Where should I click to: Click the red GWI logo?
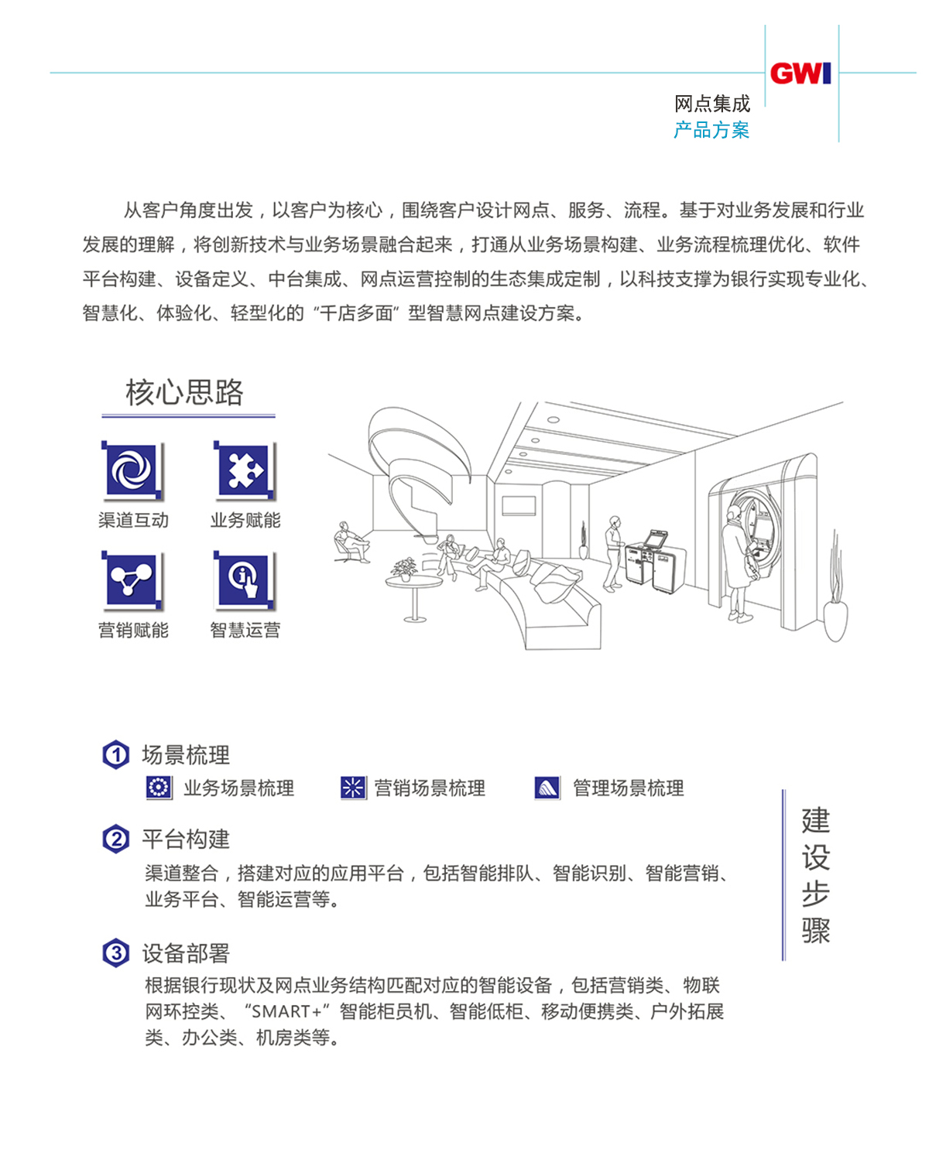click(x=800, y=74)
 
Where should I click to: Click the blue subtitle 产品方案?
click(x=711, y=130)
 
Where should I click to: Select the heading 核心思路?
click(x=184, y=392)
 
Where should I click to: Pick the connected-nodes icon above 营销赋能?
click(x=132, y=579)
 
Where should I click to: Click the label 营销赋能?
click(x=133, y=631)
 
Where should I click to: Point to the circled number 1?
click(x=116, y=754)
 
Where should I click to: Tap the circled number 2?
click(x=116, y=839)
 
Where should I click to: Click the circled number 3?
click(x=116, y=952)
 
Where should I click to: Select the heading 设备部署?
click(x=186, y=953)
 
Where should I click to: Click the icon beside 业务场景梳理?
click(x=159, y=788)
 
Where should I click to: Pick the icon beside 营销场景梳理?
click(x=353, y=788)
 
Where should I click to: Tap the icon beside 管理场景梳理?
click(x=547, y=788)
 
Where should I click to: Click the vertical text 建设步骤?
click(x=816, y=875)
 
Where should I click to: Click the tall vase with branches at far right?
click(x=835, y=611)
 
